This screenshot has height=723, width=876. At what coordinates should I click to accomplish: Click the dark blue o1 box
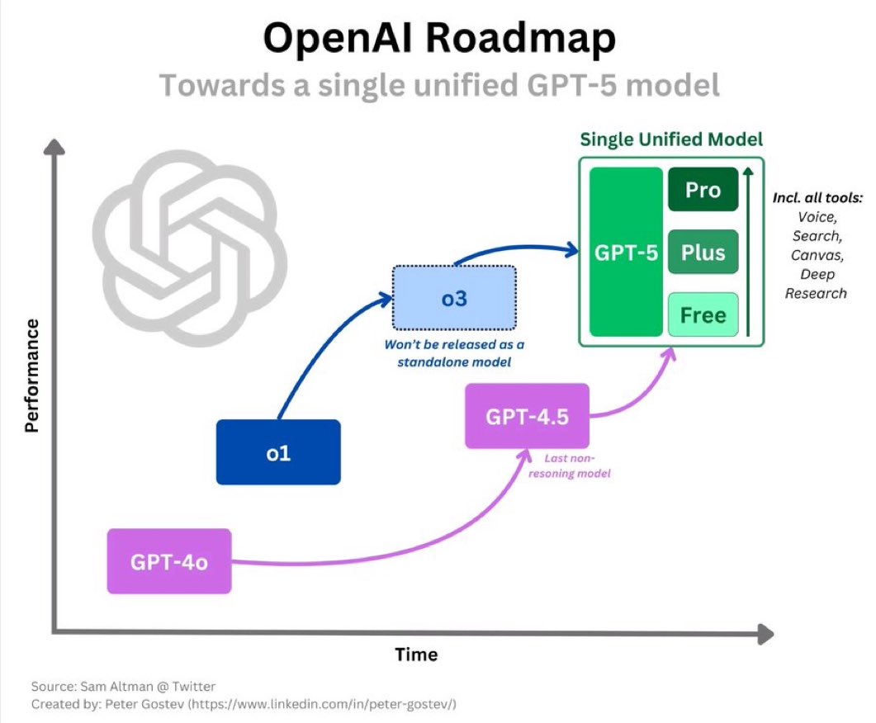(278, 452)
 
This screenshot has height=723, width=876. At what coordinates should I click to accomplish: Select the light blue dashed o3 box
(454, 298)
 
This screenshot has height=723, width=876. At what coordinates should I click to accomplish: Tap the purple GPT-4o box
(169, 561)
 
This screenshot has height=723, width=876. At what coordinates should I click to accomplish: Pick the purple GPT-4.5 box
(527, 416)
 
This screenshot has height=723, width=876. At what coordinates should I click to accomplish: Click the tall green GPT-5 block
(627, 252)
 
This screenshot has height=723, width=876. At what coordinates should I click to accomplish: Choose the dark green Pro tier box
(702, 190)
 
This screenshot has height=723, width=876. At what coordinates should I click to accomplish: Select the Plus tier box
(702, 252)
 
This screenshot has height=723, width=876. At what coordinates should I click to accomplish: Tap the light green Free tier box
(702, 314)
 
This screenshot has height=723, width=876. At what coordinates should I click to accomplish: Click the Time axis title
(416, 654)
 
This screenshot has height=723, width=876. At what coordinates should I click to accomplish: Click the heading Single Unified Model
(670, 139)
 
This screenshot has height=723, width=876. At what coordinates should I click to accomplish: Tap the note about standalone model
(454, 352)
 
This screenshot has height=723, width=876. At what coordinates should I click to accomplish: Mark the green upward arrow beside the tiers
(747, 252)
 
